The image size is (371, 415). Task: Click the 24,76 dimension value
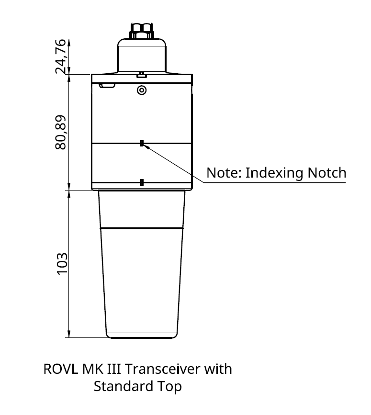tap(60, 56)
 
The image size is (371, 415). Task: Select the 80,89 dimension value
tap(60, 132)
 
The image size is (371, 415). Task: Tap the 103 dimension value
tap(62, 264)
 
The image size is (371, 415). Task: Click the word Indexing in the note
tap(274, 173)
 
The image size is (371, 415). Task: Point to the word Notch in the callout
tap(327, 173)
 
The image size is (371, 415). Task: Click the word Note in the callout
tap(224, 173)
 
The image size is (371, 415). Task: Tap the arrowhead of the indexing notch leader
tap(145, 146)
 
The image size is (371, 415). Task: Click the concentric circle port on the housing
tap(142, 90)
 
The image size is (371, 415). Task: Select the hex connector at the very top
tap(142, 31)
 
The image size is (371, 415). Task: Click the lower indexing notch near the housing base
tap(142, 182)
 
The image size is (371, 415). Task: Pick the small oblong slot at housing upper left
tap(107, 85)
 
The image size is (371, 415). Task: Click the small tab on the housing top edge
tap(142, 75)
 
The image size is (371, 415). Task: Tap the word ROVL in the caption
tap(61, 369)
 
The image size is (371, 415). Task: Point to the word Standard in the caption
tap(124, 386)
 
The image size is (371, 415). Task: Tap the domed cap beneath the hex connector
tap(142, 56)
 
